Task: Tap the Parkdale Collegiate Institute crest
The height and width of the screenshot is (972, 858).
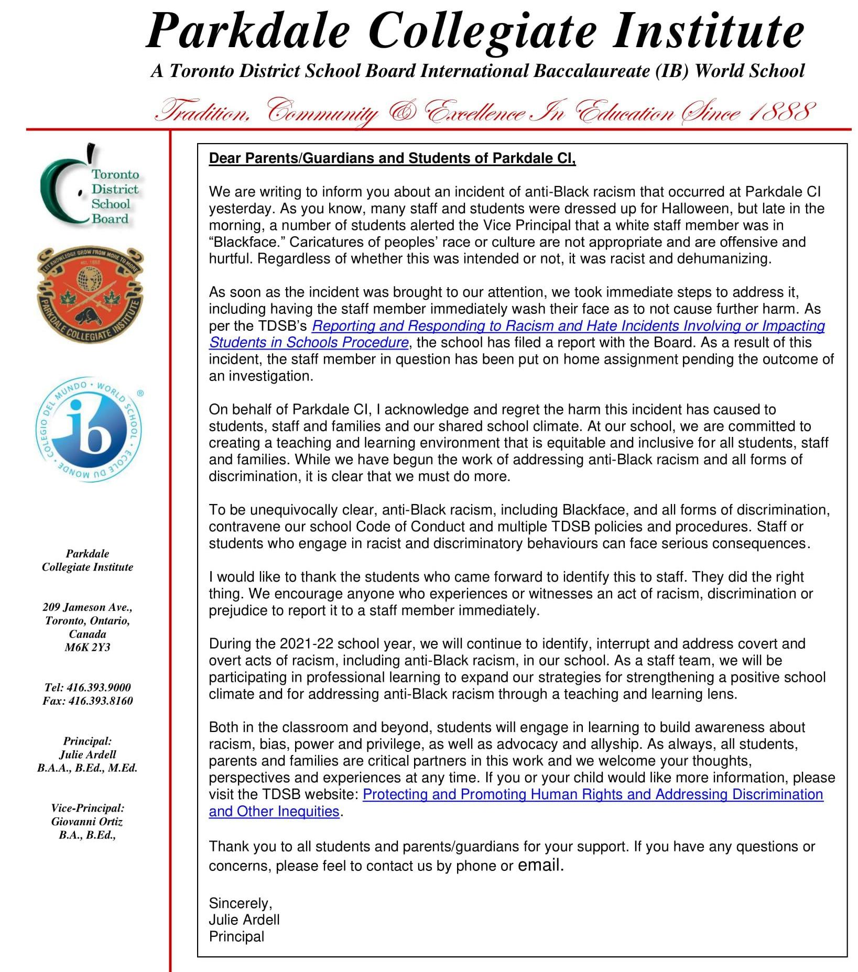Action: click(90, 296)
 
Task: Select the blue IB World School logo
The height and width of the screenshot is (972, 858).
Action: click(89, 430)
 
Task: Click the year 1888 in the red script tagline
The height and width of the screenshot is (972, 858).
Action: click(780, 112)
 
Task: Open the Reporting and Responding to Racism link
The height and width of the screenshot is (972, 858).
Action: click(568, 326)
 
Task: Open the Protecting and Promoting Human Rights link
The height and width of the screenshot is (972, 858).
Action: click(592, 794)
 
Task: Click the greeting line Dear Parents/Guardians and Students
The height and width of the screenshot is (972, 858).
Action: click(392, 158)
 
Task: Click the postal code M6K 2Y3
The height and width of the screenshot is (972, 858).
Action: click(88, 648)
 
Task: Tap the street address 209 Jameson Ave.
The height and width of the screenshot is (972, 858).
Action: click(88, 607)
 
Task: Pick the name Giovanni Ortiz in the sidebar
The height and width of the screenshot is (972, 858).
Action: click(87, 822)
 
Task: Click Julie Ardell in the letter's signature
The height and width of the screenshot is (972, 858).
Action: click(244, 920)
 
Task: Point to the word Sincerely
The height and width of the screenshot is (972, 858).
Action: click(240, 903)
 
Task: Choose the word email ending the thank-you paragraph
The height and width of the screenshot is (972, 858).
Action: click(540, 865)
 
